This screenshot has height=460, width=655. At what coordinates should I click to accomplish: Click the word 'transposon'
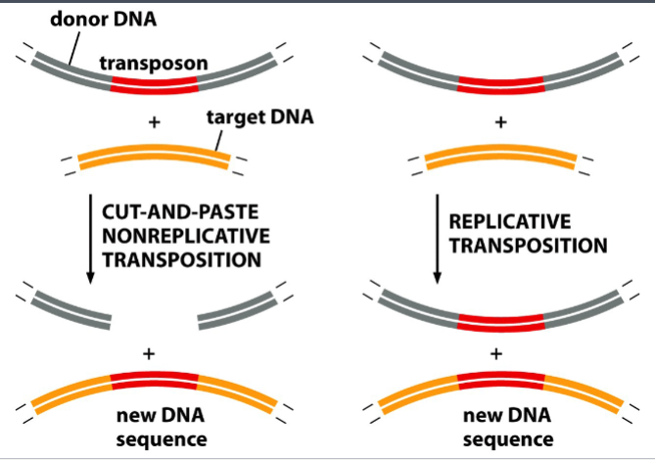[x=153, y=64]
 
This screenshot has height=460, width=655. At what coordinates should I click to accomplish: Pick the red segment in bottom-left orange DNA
[x=152, y=381]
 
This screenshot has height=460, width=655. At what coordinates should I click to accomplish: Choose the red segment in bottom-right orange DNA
[x=499, y=381]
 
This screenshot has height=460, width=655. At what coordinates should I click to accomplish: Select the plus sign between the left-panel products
[x=151, y=353]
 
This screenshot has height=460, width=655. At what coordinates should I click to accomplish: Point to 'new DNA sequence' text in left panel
[x=152, y=428]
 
